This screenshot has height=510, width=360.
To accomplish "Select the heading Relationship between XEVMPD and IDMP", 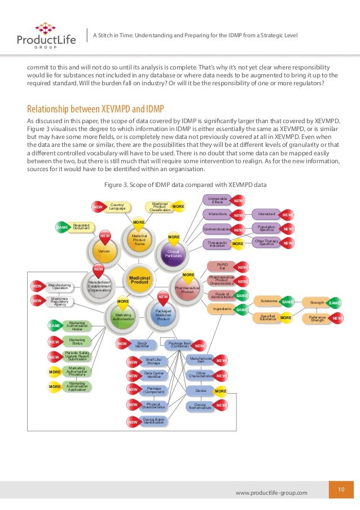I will (x=95, y=109).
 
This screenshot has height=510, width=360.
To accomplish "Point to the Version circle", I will (x=104, y=250).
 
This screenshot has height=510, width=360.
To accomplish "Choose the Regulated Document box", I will (x=81, y=226).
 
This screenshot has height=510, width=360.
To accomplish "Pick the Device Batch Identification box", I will (x=153, y=421).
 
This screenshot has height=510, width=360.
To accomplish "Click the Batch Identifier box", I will (x=137, y=343).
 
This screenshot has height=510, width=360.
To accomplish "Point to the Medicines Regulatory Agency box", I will (x=59, y=301).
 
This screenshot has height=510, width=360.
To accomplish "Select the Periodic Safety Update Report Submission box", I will (x=77, y=356).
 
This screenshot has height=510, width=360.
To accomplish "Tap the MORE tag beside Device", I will (x=221, y=391).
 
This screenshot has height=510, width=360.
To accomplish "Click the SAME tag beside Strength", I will (x=335, y=303).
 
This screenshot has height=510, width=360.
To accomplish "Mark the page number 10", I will (x=341, y=489).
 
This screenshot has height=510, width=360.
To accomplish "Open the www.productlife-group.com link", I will (x=271, y=492).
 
